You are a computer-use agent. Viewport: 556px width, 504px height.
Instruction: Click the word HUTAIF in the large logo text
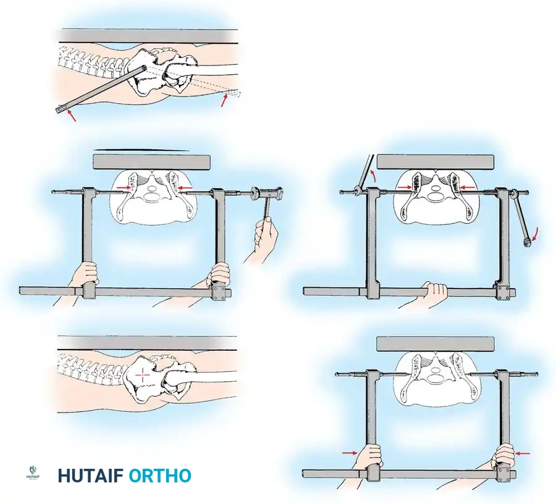pos(90,476)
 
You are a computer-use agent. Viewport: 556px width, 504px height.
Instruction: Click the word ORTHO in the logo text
pos(160,476)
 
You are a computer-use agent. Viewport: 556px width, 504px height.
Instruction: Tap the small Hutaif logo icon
pos(33,474)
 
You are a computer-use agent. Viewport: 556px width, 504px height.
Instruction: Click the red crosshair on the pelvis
pos(143,376)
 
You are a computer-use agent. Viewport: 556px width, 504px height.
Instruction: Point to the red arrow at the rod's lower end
pos(72,116)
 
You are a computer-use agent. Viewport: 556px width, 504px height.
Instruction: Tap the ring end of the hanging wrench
pos(526,242)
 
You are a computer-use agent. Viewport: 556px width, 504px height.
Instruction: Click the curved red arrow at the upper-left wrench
pos(372,175)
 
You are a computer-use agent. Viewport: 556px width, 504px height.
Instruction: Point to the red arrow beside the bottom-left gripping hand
pos(350,453)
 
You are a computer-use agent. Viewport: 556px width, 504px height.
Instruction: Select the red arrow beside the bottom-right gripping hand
pos(523,453)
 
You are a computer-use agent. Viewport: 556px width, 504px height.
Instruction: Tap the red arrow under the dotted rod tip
pos(224,99)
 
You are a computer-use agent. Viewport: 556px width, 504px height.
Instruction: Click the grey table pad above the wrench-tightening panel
pos(436,162)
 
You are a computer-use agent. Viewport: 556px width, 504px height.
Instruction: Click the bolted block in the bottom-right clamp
pos(504,474)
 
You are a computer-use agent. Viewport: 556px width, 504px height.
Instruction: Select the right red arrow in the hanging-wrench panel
pos(468,187)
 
